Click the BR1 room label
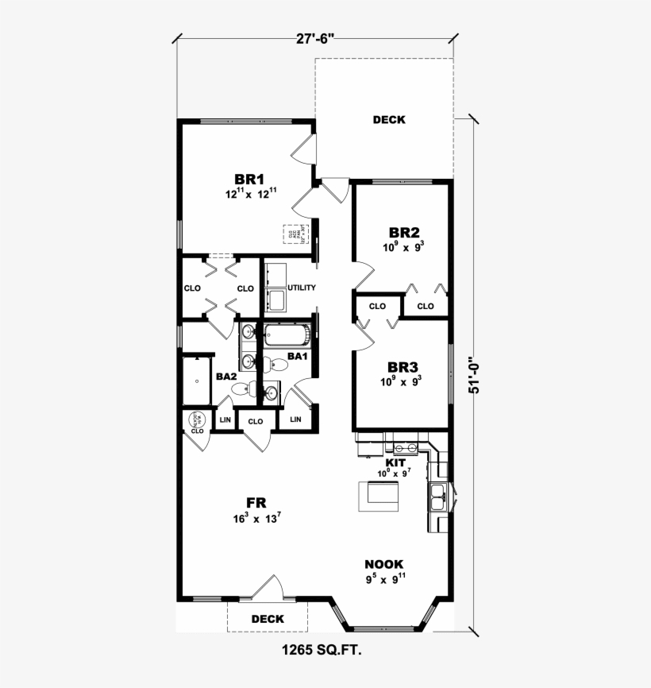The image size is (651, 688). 248,179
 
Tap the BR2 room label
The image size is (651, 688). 403,233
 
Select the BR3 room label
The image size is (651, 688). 403,368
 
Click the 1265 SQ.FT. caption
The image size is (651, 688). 322,651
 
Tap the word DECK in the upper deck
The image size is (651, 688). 389,120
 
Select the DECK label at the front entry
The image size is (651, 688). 268,619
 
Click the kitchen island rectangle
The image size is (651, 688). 380,497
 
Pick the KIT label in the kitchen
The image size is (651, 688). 395,462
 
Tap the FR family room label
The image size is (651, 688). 255,502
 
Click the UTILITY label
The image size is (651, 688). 302,288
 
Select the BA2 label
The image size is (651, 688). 226,376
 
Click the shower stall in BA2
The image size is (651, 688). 196,380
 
